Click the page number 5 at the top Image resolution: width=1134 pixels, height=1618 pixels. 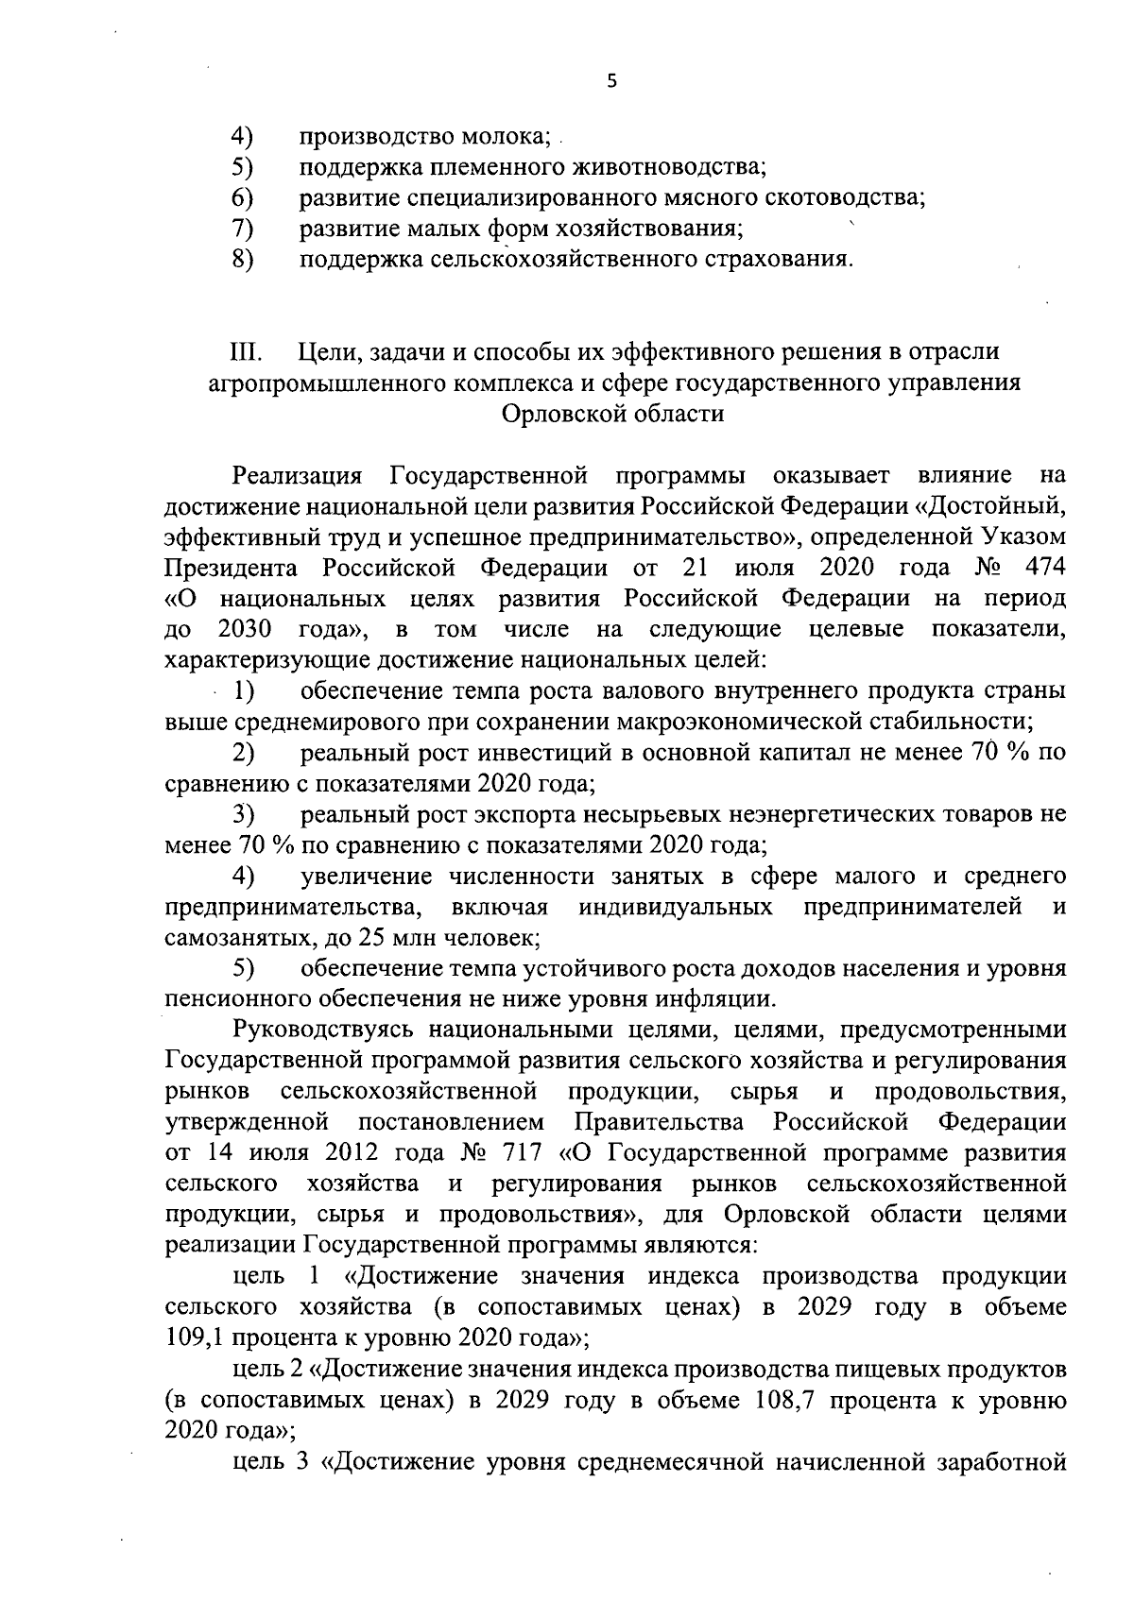611,82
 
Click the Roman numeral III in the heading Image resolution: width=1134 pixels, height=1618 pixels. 249,351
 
